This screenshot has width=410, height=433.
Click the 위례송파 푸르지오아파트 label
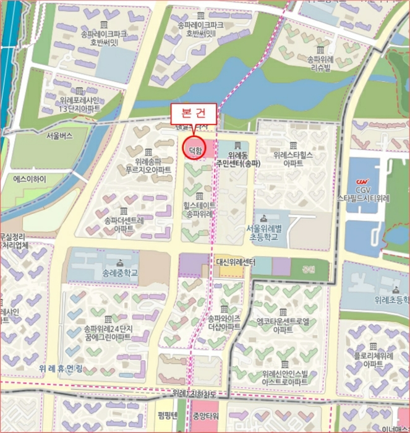[148, 164]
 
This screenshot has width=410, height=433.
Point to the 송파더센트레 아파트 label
[124, 224]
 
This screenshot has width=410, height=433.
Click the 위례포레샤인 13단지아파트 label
[79, 105]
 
